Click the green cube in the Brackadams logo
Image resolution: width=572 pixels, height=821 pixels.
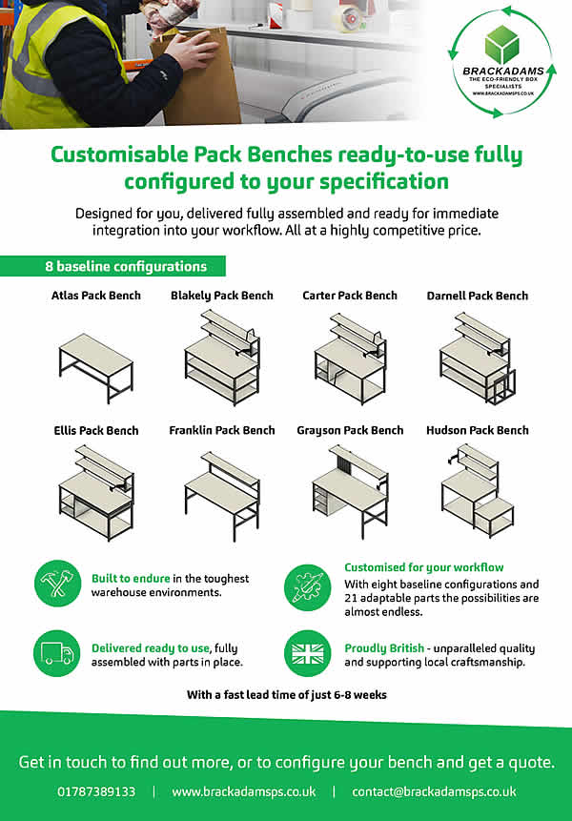pyautogui.click(x=501, y=44)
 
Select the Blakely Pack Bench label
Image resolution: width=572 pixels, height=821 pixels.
pyautogui.click(x=222, y=296)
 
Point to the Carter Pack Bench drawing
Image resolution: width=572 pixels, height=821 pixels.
pyautogui.click(x=351, y=359)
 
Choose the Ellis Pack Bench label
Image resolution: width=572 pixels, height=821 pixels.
pyautogui.click(x=96, y=430)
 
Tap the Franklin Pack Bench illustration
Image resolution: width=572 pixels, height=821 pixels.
pyautogui.click(x=222, y=497)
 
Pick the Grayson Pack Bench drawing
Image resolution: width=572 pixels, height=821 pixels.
pyautogui.click(x=351, y=492)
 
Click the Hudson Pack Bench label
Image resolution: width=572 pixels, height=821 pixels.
pyautogui.click(x=478, y=430)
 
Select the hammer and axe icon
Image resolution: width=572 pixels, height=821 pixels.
pyautogui.click(x=57, y=584)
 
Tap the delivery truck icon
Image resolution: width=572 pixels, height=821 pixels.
pyautogui.click(x=57, y=653)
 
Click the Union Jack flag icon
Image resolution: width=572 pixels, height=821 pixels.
pyautogui.click(x=308, y=653)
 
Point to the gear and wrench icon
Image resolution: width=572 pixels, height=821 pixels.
pyautogui.click(x=308, y=587)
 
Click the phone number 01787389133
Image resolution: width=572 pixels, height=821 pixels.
pyautogui.click(x=96, y=791)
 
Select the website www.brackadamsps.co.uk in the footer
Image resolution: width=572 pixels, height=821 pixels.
pyautogui.click(x=244, y=791)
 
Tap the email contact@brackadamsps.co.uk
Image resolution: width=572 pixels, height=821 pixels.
pyautogui.click(x=434, y=791)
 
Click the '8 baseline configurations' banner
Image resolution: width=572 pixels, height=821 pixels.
pyautogui.click(x=113, y=266)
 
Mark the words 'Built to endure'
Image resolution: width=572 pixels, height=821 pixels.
pyautogui.click(x=131, y=579)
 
